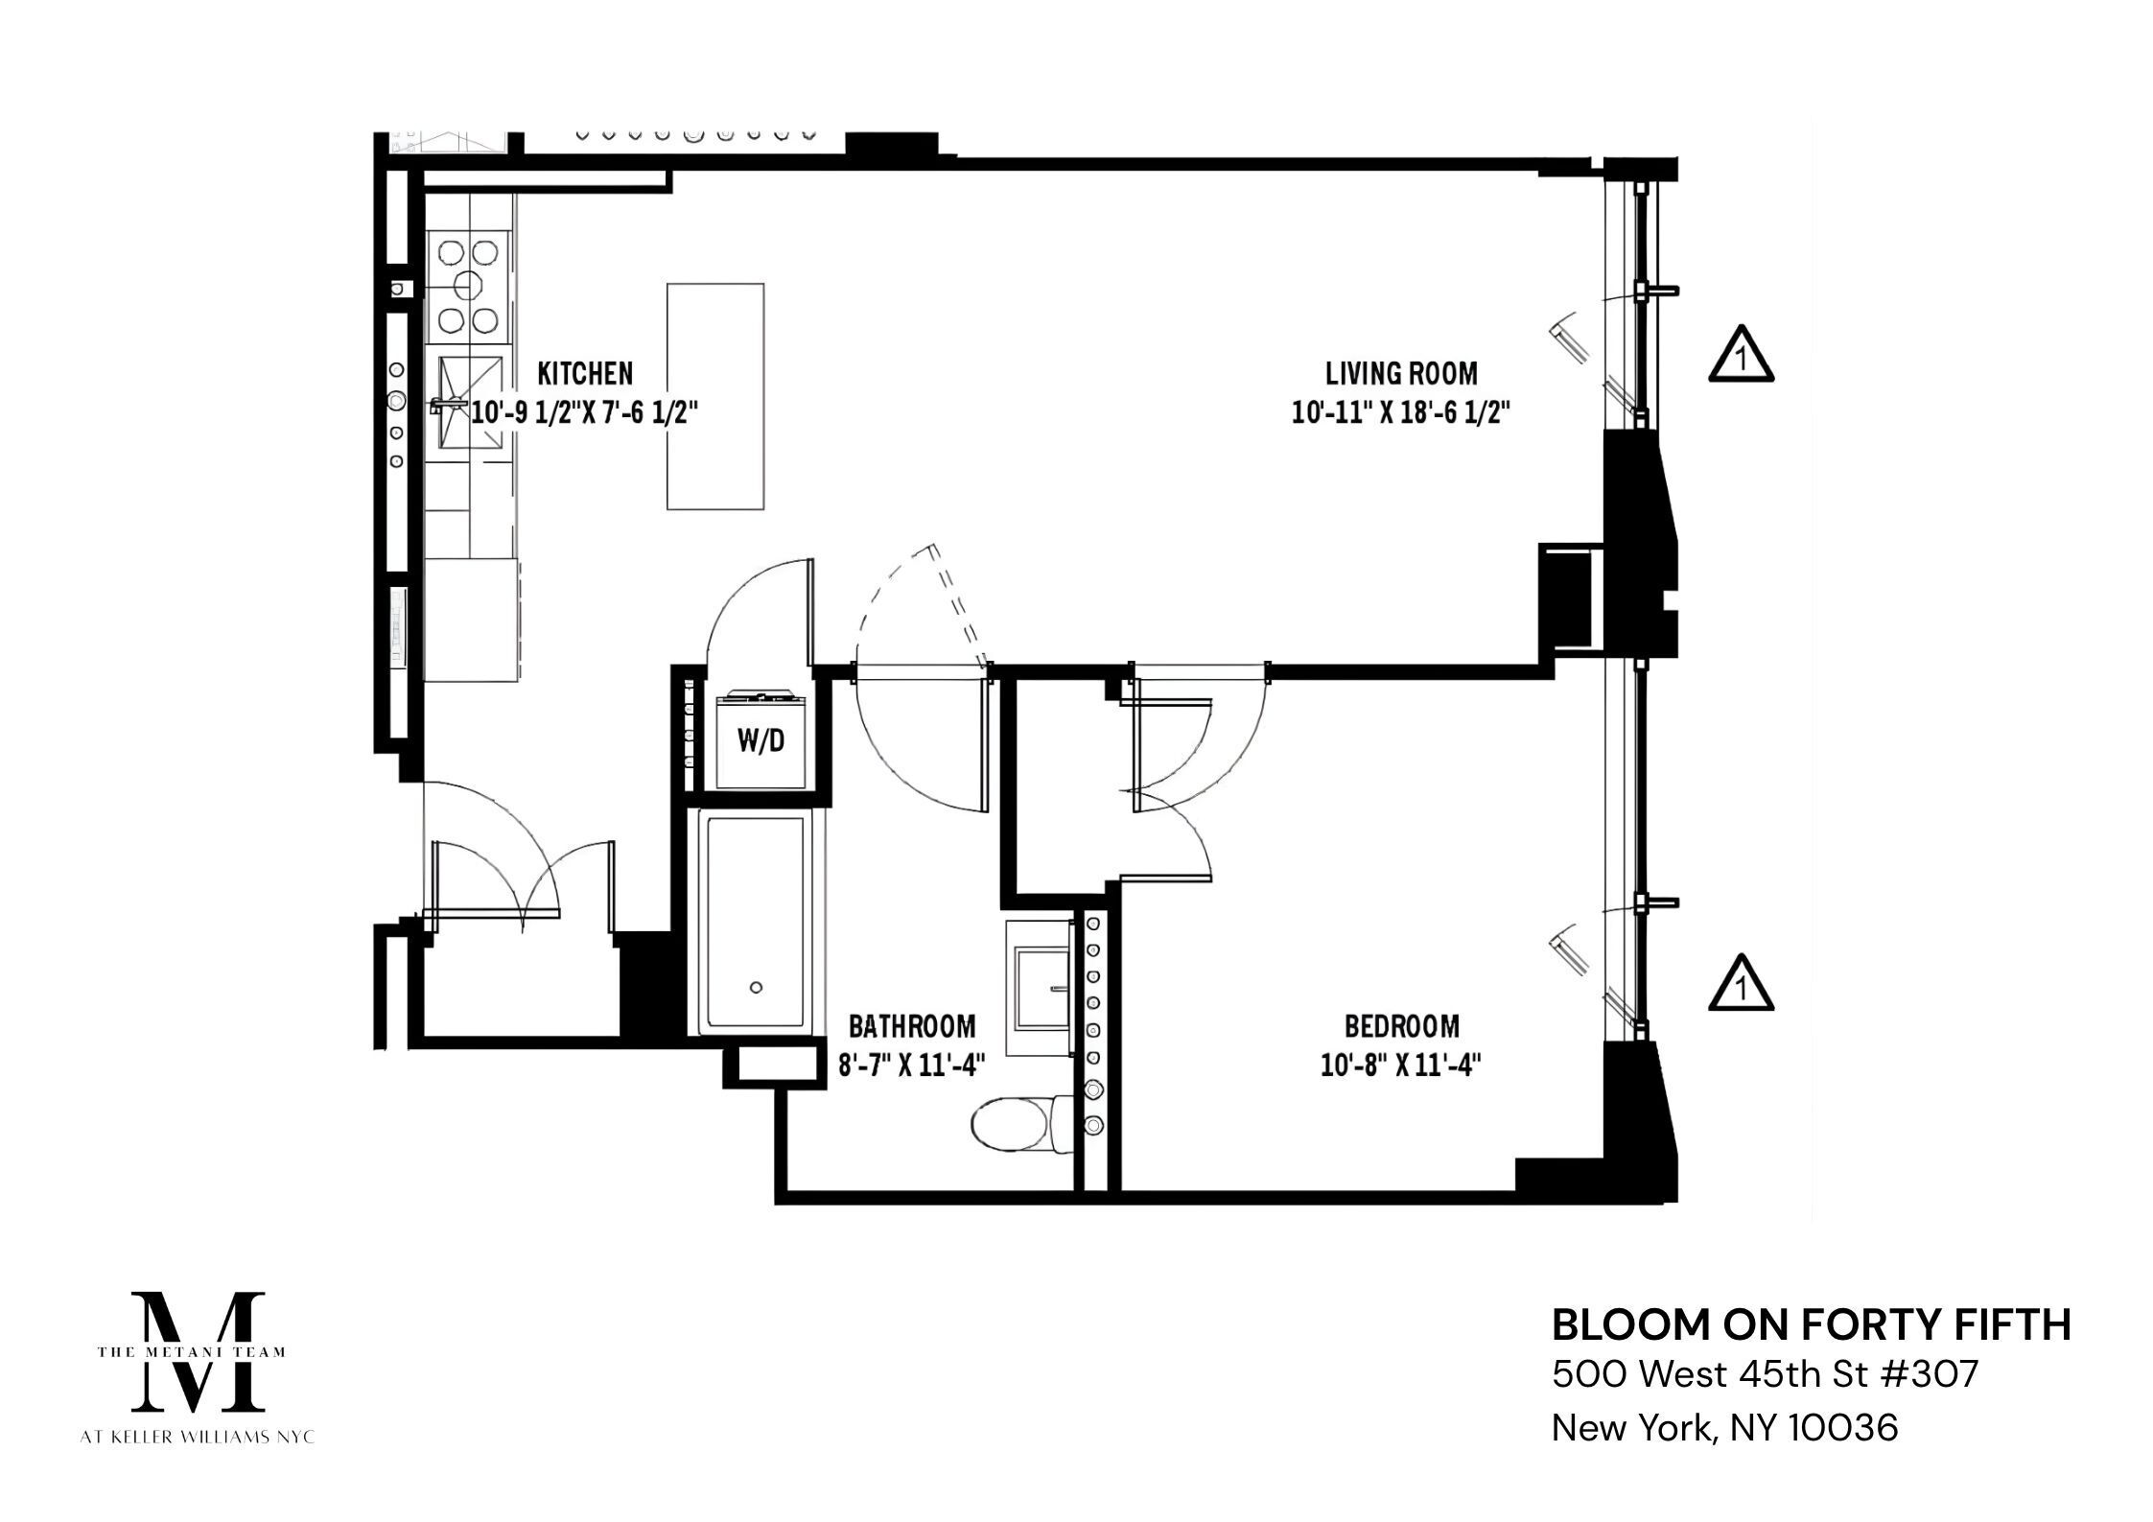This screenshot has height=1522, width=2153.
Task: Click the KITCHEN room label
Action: [584, 372]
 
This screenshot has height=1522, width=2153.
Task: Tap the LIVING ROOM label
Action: [1400, 373]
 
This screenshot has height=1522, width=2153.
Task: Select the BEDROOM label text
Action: [1401, 1027]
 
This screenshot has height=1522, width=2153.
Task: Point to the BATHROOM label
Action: [912, 1027]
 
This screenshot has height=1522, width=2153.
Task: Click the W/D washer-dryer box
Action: [761, 740]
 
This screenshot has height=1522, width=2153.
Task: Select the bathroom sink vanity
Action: [1042, 988]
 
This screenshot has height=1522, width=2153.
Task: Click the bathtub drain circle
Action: [756, 988]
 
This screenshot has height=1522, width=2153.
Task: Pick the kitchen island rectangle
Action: [715, 396]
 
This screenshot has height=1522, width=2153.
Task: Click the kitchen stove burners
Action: [467, 286]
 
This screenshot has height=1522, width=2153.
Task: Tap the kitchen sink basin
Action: [470, 403]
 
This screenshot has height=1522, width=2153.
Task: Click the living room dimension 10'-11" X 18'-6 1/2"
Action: [1400, 413]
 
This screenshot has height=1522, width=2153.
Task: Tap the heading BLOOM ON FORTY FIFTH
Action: [1811, 1325]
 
